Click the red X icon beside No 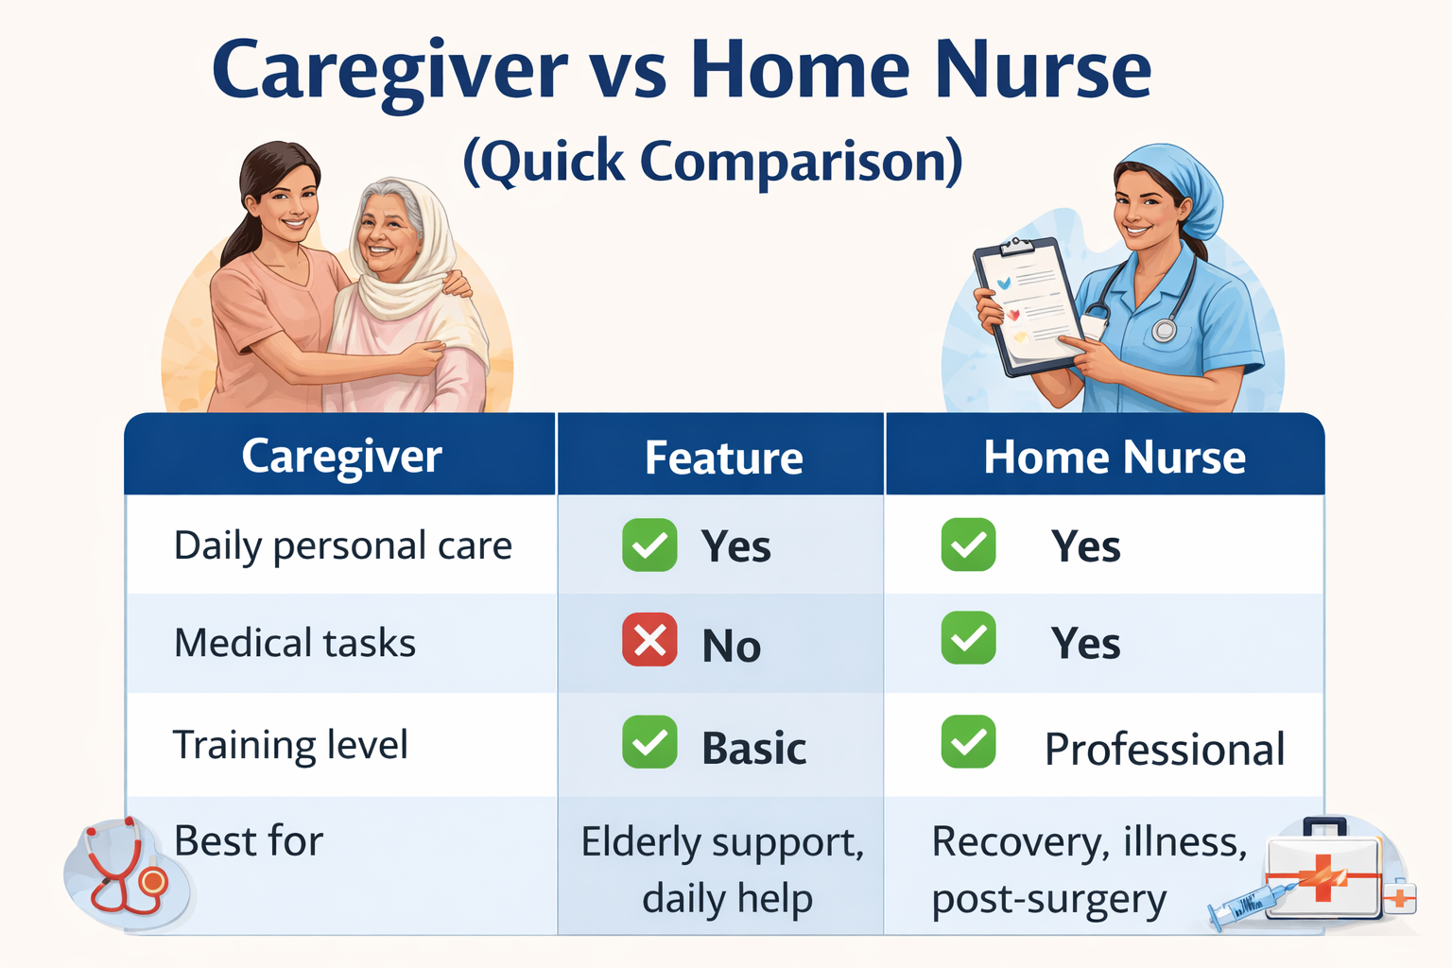649,641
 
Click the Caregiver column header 341,457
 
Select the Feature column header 723,458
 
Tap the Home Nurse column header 1114,458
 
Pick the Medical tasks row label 295,644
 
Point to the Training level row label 290,746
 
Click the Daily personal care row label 343,546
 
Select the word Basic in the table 753,749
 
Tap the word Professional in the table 1164,750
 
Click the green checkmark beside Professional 968,742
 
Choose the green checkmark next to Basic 649,742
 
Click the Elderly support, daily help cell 723,870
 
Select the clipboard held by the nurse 1028,304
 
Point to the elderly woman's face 389,233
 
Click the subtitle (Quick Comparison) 713,162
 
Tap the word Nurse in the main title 1043,71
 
